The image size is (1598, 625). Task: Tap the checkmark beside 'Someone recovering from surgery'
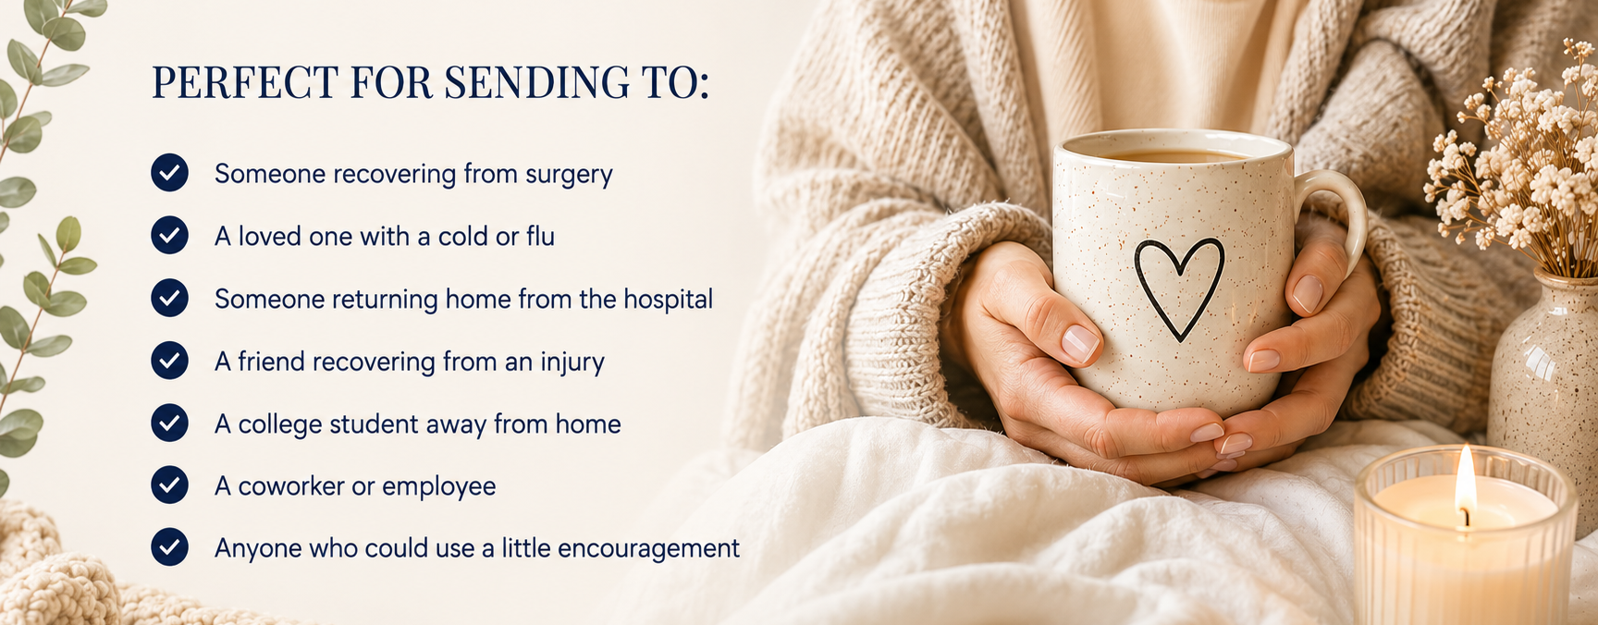point(170,173)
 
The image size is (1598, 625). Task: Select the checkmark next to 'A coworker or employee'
point(170,484)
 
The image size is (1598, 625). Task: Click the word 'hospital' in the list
point(668,299)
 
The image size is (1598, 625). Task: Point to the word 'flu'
point(540,236)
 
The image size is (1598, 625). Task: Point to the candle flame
point(1465,481)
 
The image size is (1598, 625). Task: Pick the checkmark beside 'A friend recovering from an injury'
point(170,360)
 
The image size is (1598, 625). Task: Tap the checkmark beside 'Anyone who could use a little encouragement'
point(170,546)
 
